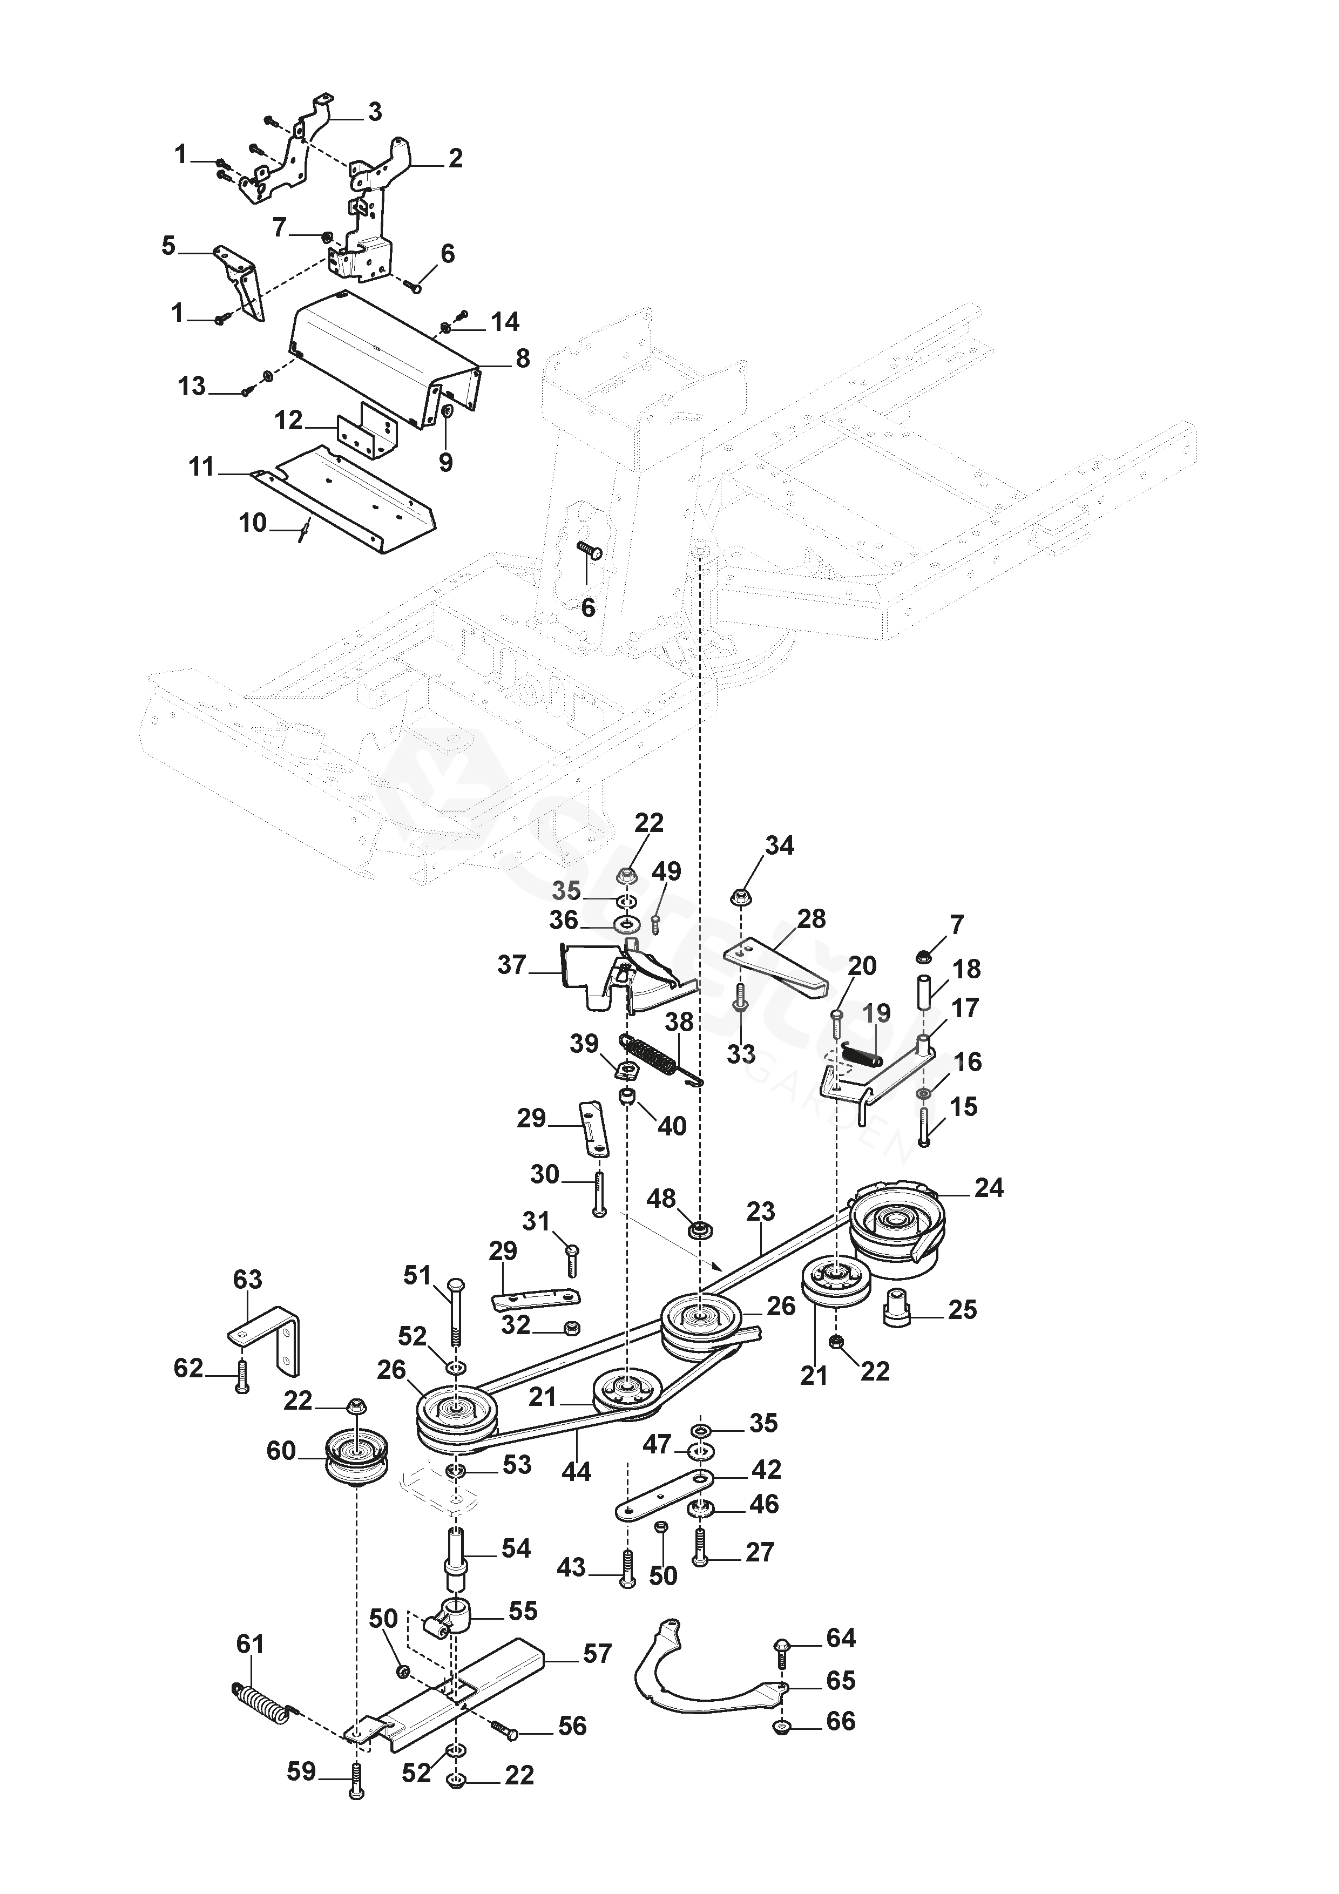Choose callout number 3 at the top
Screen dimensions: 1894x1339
pyautogui.click(x=375, y=111)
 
